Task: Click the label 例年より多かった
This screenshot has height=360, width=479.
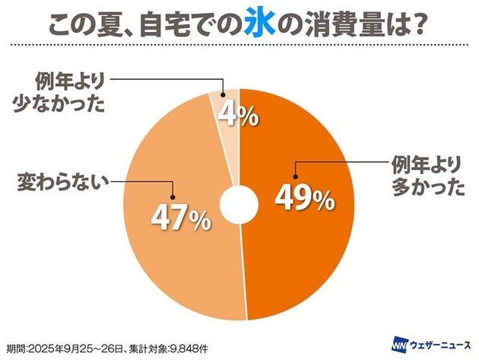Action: click(427, 177)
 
